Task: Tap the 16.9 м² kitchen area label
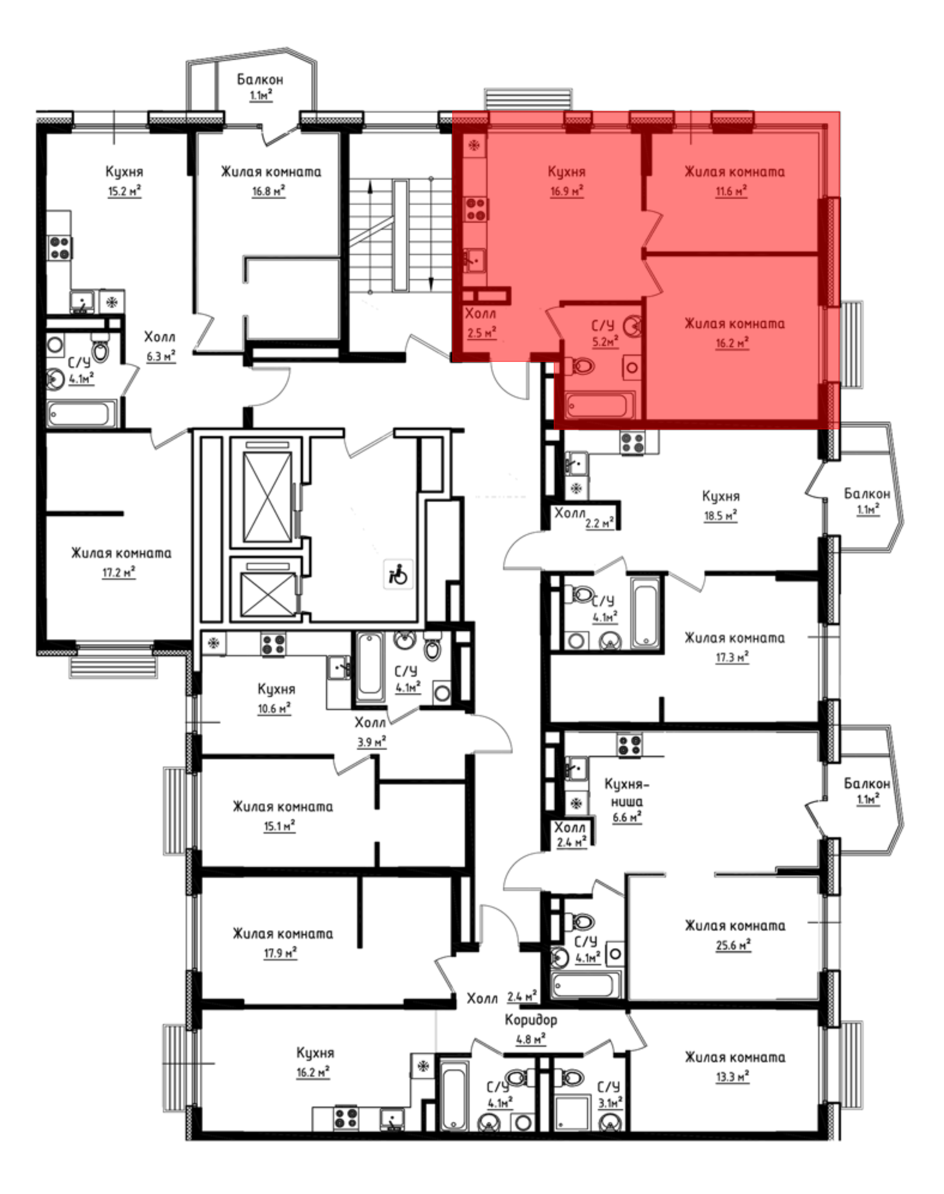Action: pyautogui.click(x=567, y=192)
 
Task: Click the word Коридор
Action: pyautogui.click(x=531, y=1019)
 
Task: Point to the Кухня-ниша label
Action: pyautogui.click(x=627, y=792)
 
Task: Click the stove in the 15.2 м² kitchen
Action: pyautogui.click(x=59, y=247)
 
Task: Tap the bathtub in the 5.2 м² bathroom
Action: pyautogui.click(x=601, y=404)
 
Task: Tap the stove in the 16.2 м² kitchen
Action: pyautogui.click(x=346, y=1118)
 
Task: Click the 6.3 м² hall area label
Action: pyautogui.click(x=161, y=356)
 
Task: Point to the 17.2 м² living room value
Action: pyautogui.click(x=119, y=572)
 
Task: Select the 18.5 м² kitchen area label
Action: pyautogui.click(x=721, y=515)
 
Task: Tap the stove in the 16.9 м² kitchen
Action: pyautogui.click(x=475, y=209)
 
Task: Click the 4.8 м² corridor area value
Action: pyautogui.click(x=531, y=1039)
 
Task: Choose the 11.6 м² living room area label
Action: pyautogui.click(x=731, y=192)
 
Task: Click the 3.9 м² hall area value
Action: pyautogui.click(x=371, y=741)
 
